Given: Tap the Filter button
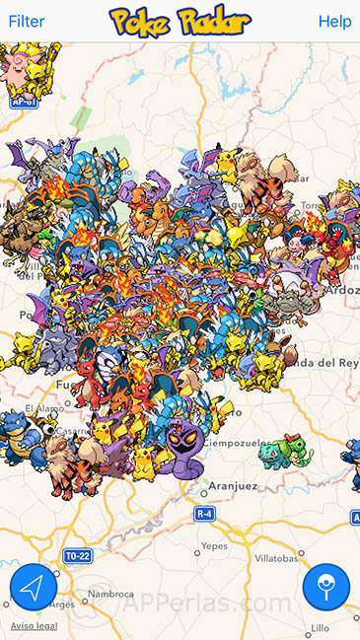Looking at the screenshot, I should click(26, 21).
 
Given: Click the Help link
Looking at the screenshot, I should click(334, 21).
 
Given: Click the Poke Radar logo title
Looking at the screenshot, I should click(180, 21).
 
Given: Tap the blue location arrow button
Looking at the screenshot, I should click(34, 588).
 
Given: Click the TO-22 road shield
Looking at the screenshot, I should click(77, 555).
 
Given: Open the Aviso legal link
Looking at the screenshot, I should click(34, 626).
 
